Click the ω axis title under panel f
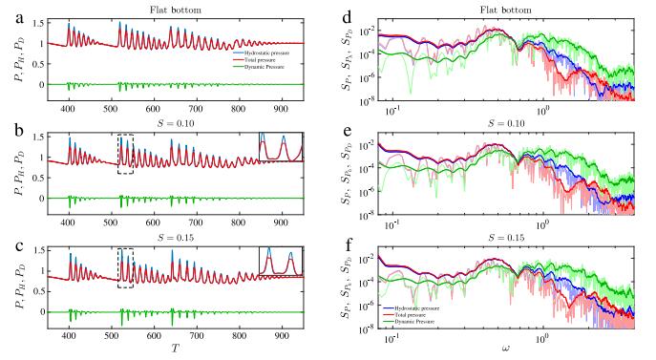pos(512,351)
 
